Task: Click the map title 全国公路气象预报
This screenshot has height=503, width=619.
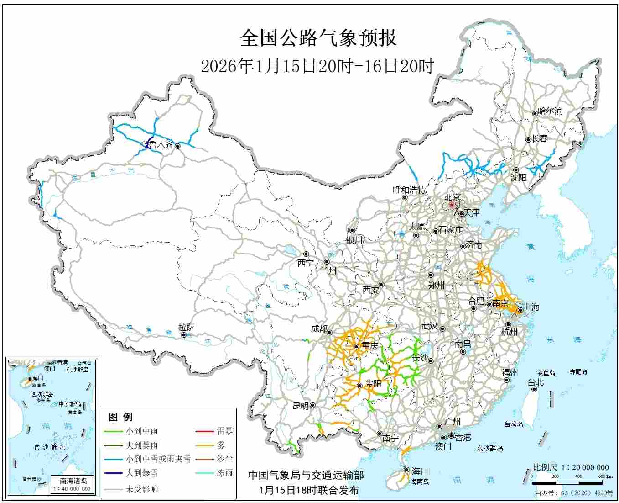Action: point(318,38)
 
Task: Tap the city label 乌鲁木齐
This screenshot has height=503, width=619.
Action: point(157,145)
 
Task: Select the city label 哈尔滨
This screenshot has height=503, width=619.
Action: point(550,111)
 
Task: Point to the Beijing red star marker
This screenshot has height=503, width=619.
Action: point(451,205)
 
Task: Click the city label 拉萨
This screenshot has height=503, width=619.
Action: point(187,327)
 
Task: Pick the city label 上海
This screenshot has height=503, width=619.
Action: point(531,307)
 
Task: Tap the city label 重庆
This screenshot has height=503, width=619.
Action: point(370,346)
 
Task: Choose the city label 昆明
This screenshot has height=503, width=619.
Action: point(300,406)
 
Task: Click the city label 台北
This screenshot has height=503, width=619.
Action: point(536,382)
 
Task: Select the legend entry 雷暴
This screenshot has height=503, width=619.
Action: point(224,431)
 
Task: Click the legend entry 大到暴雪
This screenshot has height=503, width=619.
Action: point(142,473)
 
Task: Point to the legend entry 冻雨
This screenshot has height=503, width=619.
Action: point(224,473)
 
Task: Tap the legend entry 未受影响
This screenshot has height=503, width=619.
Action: point(142,489)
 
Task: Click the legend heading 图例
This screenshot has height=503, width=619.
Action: point(120,417)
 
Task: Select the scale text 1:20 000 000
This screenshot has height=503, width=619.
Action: point(571,467)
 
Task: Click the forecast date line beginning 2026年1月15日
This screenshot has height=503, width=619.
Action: point(317,66)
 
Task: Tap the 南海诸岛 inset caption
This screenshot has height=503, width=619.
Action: point(73,481)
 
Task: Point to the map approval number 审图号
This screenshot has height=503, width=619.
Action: point(574,494)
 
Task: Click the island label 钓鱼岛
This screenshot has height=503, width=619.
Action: point(546,373)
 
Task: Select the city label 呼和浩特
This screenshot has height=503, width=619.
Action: point(409,190)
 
